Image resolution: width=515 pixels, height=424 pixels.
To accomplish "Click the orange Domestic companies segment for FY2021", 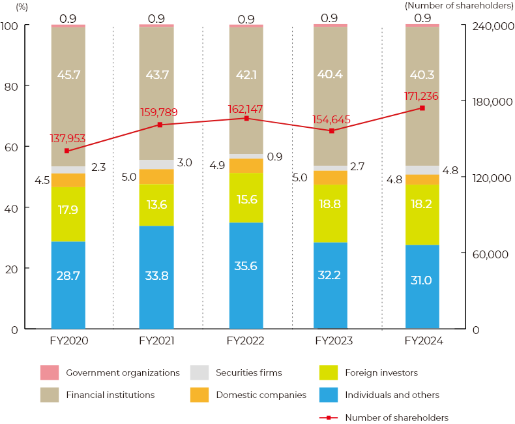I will click(x=156, y=177).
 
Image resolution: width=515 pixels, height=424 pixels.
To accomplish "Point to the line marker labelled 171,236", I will click(x=422, y=108).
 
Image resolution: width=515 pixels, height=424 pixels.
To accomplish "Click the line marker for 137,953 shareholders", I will click(x=66, y=151).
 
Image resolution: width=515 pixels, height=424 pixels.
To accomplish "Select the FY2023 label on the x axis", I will click(x=334, y=341).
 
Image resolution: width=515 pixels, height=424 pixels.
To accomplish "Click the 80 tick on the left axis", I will click(x=10, y=86).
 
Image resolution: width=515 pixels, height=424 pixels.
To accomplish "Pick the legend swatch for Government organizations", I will click(x=50, y=372).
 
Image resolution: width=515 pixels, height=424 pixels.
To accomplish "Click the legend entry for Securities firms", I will click(x=249, y=372).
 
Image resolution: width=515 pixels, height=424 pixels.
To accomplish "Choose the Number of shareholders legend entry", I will click(x=396, y=417).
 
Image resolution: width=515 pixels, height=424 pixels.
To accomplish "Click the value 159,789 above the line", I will click(x=158, y=112).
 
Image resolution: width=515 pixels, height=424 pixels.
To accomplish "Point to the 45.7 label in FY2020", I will click(x=68, y=75).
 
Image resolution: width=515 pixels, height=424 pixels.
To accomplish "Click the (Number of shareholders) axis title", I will click(x=459, y=5).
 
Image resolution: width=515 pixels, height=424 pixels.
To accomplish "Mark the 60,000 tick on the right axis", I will click(x=488, y=254).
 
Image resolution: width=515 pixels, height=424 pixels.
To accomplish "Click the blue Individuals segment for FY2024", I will click(x=422, y=287).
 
